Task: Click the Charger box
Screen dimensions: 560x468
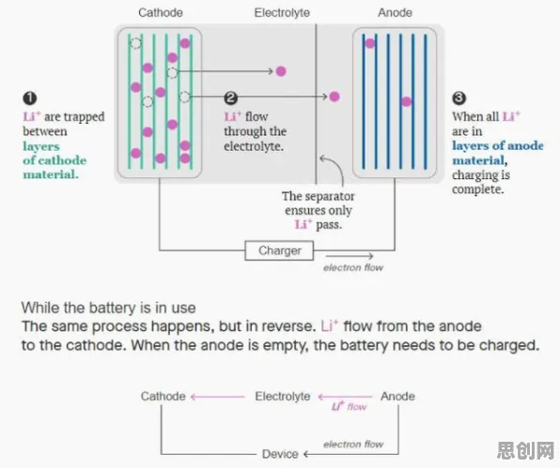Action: [279, 250]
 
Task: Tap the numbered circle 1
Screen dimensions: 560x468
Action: [30, 98]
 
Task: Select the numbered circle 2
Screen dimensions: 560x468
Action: [231, 98]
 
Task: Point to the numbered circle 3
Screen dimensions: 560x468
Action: [459, 98]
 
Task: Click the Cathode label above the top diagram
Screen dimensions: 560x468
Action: [161, 13]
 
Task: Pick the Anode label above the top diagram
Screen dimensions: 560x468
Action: [395, 13]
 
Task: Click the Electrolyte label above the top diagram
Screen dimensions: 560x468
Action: [282, 13]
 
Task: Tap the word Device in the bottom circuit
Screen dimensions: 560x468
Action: [280, 454]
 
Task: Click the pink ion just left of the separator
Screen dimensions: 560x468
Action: [334, 97]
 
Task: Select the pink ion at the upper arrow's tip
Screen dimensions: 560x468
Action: [281, 71]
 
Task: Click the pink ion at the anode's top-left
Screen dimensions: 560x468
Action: [370, 43]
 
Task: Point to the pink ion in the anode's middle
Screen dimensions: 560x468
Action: [407, 102]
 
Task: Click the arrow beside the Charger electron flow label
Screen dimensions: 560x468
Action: [350, 256]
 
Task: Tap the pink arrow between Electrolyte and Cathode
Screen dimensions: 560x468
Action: [218, 397]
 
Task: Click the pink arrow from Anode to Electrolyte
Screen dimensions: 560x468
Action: [345, 397]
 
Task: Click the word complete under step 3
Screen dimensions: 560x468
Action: [478, 189]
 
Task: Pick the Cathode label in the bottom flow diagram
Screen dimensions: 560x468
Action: [163, 397]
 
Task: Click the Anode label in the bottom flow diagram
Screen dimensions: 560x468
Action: [397, 397]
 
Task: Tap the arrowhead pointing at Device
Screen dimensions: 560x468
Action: [306, 454]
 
